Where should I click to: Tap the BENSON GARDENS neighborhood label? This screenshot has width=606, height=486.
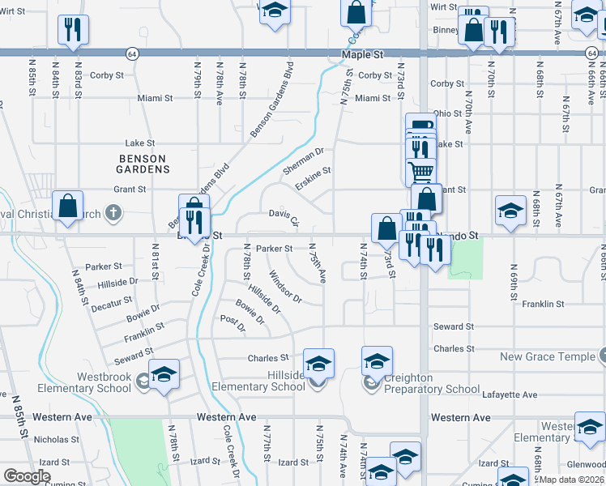pyautogui.click(x=142, y=164)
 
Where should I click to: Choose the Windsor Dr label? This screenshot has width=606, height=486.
pyautogui.click(x=286, y=287)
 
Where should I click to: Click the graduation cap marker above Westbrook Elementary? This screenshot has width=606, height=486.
pyautogui.click(x=164, y=374)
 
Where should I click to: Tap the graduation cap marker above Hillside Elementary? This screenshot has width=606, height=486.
pyautogui.click(x=318, y=363)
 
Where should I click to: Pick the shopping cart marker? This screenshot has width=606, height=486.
pyautogui.click(x=421, y=171)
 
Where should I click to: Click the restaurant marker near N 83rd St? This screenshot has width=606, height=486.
pyautogui.click(x=73, y=29)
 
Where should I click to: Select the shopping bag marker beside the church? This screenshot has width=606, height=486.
pyautogui.click(x=68, y=206)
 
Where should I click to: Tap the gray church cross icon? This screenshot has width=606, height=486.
pyautogui.click(x=114, y=214)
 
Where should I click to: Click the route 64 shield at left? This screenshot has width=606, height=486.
pyautogui.click(x=131, y=53)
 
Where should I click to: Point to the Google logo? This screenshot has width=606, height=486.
pyautogui.click(x=27, y=476)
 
